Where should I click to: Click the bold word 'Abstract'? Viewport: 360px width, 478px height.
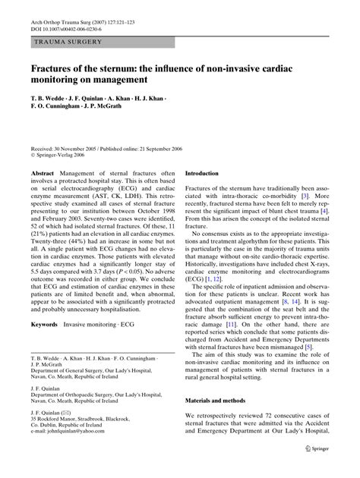click(x=43, y=174)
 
